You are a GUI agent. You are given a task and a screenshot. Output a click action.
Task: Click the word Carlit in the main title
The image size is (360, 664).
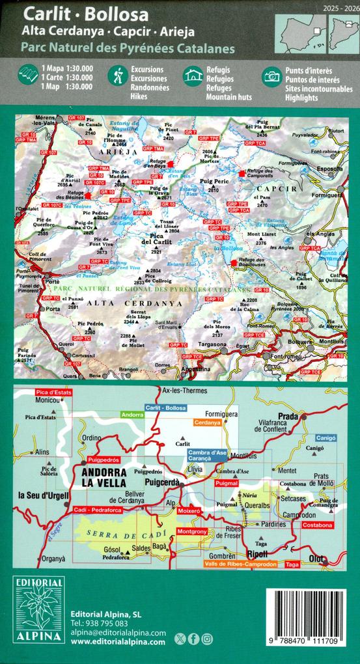(42, 14)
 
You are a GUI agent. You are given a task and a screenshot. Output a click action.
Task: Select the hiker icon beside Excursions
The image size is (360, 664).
(118, 76)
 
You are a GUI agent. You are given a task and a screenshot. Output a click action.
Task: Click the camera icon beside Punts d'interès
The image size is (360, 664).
(271, 76)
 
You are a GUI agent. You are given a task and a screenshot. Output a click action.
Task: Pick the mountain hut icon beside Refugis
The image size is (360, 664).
(193, 76)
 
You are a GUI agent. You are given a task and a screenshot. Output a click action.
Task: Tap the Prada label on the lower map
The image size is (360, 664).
(287, 416)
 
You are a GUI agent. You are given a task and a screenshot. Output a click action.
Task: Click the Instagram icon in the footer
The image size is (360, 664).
(207, 639)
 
